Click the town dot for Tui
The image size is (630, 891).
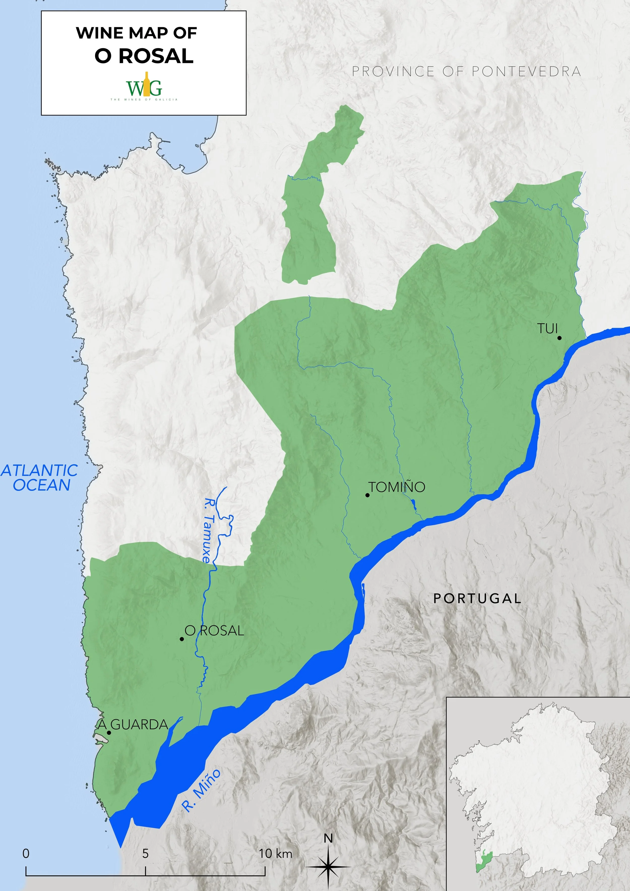click(x=559, y=338)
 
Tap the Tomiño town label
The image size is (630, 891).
click(x=397, y=487)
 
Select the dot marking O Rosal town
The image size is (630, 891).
click(x=182, y=639)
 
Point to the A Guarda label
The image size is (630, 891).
click(x=133, y=724)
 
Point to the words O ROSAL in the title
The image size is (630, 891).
click(x=144, y=56)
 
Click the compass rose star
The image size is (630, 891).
click(x=328, y=866)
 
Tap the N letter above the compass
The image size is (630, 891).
click(x=328, y=839)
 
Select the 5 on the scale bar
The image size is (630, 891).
click(x=145, y=853)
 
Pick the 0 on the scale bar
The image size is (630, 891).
click(x=26, y=853)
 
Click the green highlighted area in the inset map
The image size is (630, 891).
click(x=484, y=862)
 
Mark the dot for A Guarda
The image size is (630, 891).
click(x=109, y=733)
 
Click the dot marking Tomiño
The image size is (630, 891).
click(x=367, y=495)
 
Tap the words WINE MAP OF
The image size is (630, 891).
click(x=136, y=33)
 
